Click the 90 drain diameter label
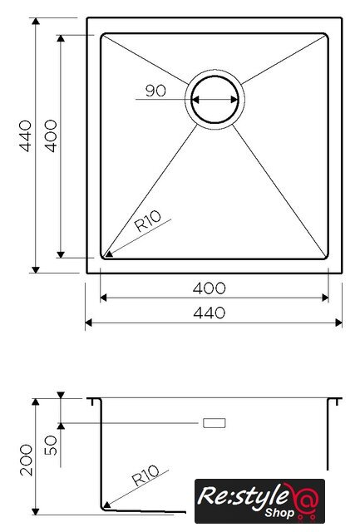155,91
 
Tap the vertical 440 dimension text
26,135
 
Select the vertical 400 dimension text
51,135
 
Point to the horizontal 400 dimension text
209,288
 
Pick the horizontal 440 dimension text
209,313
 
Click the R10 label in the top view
148,221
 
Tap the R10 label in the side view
145,475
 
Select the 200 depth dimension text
26,460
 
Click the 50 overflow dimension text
51,446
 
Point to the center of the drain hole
215,100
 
